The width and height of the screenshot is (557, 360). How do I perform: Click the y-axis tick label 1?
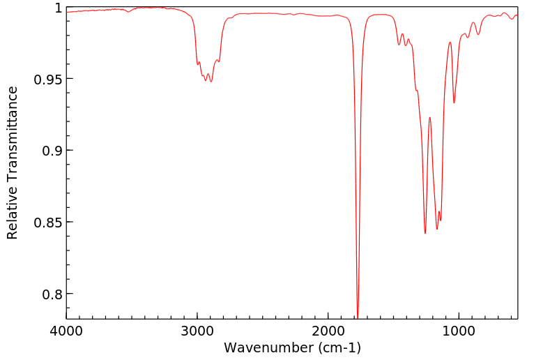click(x=58, y=8)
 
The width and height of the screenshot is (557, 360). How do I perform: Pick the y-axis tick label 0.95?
click(x=48, y=79)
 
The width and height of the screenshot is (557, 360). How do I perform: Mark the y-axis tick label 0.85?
click(x=48, y=223)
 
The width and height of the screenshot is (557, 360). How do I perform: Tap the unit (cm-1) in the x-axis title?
click(x=337, y=347)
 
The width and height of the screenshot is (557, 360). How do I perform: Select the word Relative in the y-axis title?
click(x=13, y=212)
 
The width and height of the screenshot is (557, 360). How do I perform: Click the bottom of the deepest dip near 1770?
click(x=358, y=317)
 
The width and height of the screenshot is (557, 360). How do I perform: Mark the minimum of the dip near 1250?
click(x=425, y=233)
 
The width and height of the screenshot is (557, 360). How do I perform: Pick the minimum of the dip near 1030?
click(x=455, y=103)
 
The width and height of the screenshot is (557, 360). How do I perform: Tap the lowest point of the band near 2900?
click(x=211, y=82)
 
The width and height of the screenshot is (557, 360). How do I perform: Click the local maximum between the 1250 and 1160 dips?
click(x=430, y=117)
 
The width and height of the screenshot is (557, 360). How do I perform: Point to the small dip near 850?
click(x=478, y=35)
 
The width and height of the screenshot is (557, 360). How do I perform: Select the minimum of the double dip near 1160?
click(x=437, y=229)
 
